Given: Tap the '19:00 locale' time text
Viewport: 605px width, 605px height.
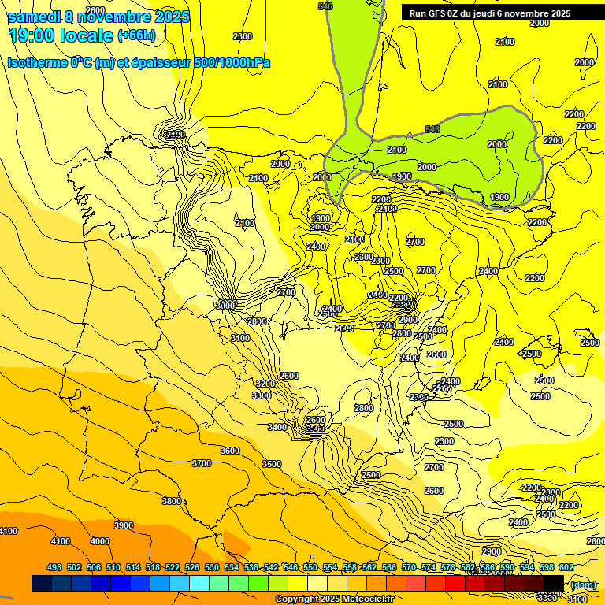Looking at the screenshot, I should point(60,35).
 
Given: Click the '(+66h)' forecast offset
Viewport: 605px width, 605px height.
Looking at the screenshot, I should point(136,35).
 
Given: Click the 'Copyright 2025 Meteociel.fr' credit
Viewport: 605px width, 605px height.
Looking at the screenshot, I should point(334,599).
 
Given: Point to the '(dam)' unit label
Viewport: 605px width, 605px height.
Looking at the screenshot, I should point(584,584).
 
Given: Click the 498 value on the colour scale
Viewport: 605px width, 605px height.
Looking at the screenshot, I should point(54,567).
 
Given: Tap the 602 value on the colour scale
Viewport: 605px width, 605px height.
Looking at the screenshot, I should point(566,567).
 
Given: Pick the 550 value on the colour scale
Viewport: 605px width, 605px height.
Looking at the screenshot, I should point(310,567).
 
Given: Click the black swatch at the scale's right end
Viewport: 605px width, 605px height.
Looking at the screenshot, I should point(554,583).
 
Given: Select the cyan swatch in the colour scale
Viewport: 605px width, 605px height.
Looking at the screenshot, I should point(199,583).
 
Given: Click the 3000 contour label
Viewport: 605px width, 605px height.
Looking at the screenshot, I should point(225,305).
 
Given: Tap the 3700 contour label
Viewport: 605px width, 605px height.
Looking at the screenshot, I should point(202,463).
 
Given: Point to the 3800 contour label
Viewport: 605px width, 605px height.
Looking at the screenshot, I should point(171,501).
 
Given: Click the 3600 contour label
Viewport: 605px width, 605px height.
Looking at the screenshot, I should point(229,451).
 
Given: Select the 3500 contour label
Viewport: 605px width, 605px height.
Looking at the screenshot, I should point(272,464).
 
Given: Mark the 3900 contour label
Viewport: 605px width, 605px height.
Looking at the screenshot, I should point(123,525).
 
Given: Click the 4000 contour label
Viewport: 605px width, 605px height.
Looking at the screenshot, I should point(100,541).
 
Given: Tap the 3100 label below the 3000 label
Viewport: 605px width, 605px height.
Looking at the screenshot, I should point(240,338).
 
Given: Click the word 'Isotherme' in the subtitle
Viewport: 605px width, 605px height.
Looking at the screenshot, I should point(35,62).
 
